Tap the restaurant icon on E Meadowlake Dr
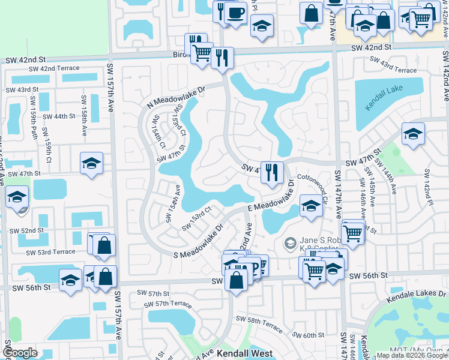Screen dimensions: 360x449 (272, 172)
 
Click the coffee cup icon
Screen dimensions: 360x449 (236, 12)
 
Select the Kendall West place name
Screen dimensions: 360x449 (244, 354)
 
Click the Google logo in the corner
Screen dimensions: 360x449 (20, 353)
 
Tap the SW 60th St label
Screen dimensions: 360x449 (309, 335)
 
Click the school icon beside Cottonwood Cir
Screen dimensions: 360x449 (310, 206)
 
